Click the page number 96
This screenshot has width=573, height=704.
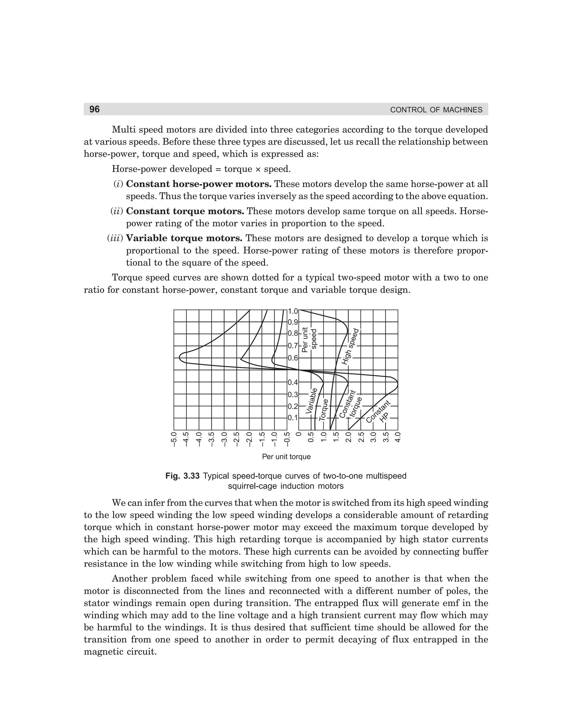[94, 109]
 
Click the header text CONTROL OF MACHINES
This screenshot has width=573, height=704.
[436, 110]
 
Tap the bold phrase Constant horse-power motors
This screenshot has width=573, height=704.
[199, 184]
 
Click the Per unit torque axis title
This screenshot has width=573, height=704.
[286, 457]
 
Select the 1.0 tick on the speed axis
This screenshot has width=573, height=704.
[293, 311]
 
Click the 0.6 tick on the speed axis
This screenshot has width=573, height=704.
[293, 358]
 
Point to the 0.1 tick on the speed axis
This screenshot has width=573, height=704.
[293, 418]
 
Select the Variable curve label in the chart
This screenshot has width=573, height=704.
[312, 401]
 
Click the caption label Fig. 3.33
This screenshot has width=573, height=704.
[182, 476]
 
